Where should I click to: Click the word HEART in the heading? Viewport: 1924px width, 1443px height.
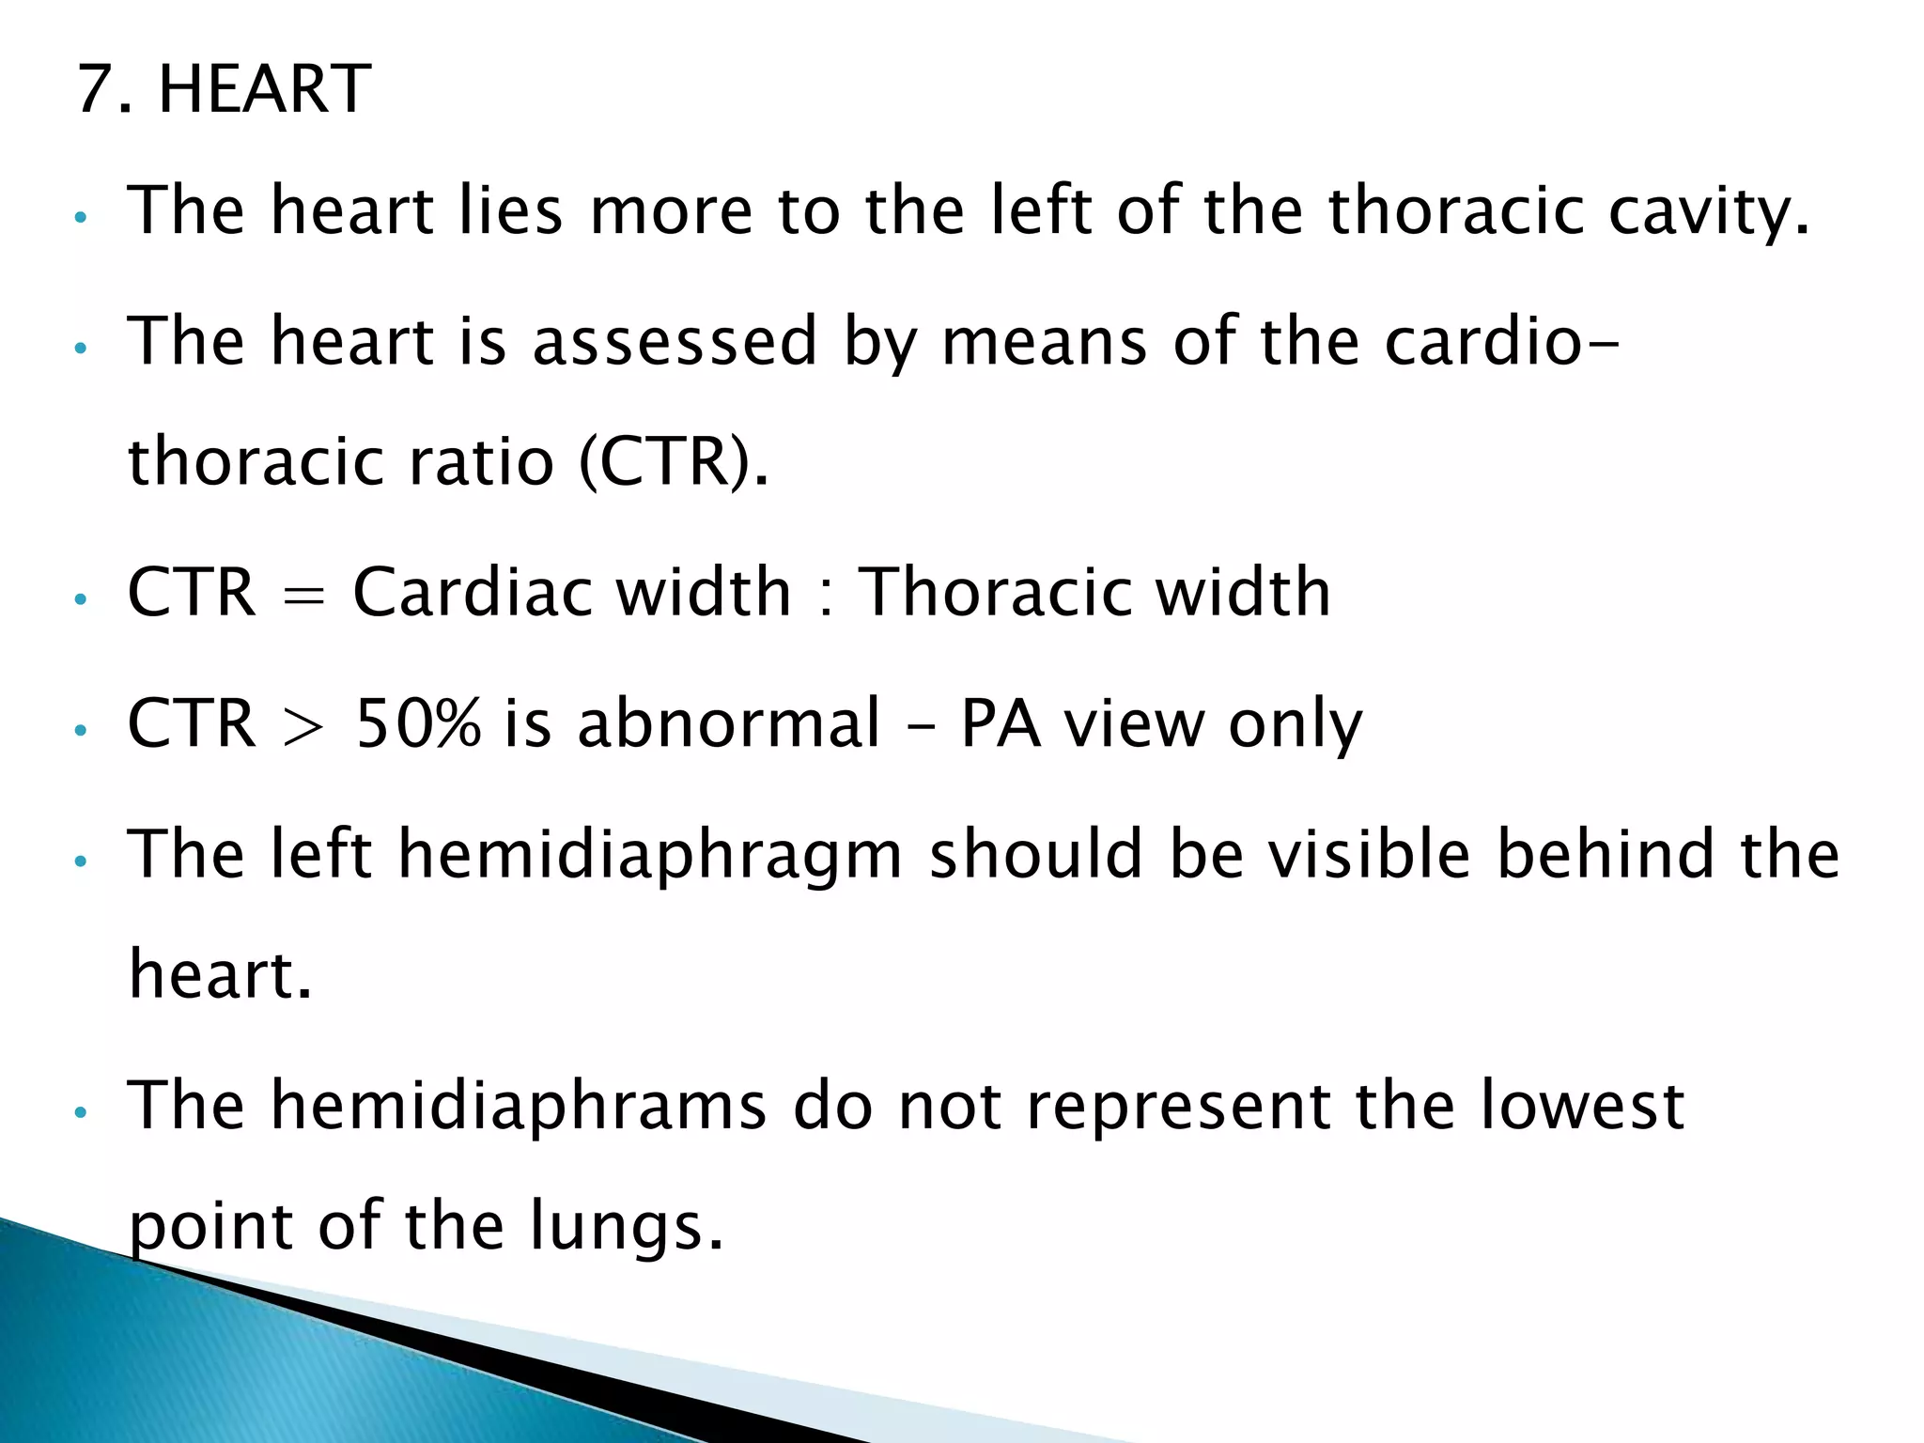pos(265,89)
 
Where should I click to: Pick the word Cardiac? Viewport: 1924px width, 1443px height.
pos(473,593)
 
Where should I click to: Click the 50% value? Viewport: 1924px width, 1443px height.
pos(418,724)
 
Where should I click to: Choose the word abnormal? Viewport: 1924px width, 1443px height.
pos(729,724)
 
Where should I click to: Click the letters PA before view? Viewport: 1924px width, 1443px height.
pos(1000,724)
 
